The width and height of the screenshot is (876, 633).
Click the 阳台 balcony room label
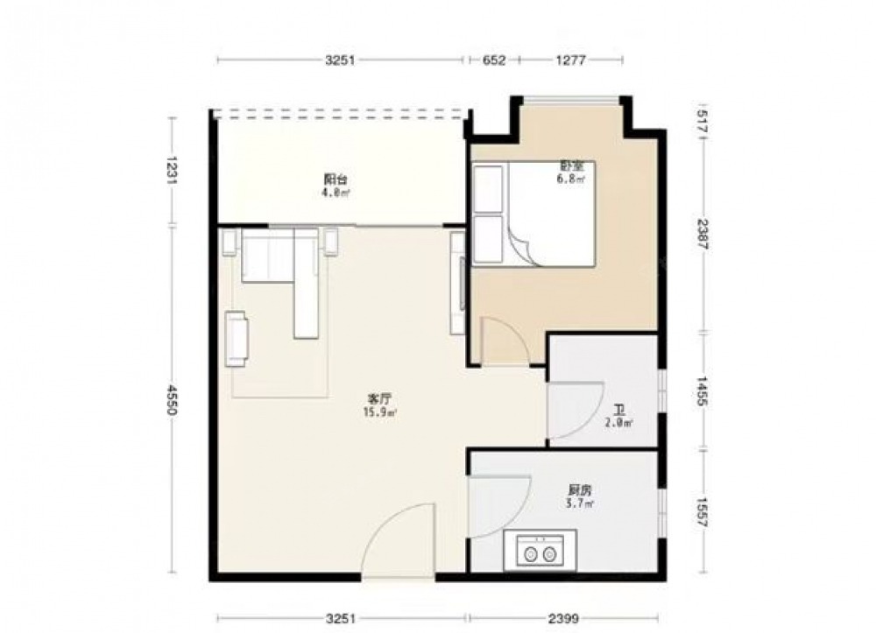(x=336, y=179)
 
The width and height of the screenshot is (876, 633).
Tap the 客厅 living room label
(x=378, y=399)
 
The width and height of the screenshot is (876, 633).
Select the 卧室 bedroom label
(x=571, y=165)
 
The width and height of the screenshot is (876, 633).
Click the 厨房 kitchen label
(x=579, y=490)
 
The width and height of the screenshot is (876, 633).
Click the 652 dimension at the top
(x=494, y=60)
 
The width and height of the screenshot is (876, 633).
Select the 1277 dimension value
(x=570, y=60)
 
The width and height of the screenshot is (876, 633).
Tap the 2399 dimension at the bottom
(x=563, y=618)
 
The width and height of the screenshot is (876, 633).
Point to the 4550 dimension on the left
(x=172, y=398)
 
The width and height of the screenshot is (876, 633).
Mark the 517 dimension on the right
(x=703, y=121)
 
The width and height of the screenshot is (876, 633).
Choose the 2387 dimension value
(x=703, y=235)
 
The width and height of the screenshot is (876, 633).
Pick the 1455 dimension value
(x=703, y=391)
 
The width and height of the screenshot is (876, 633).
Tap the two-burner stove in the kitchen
(x=540, y=551)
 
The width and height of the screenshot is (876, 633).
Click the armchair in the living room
(x=236, y=339)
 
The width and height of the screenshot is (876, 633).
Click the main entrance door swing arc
(x=385, y=522)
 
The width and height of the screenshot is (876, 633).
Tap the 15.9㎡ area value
(x=380, y=413)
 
